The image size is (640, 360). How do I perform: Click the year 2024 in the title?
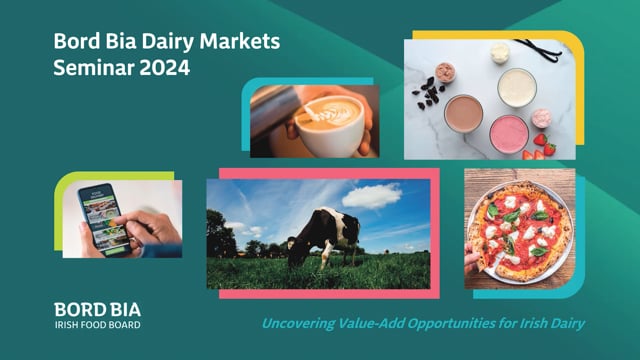click(164, 67)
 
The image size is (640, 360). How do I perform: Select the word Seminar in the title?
click(94, 67)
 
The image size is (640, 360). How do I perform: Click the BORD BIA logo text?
click(98, 310)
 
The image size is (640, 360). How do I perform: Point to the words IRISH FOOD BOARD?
click(98, 325)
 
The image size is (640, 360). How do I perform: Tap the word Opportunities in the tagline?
click(451, 324)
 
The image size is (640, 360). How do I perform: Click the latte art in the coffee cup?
click(332, 113)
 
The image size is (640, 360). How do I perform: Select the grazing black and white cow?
click(324, 236)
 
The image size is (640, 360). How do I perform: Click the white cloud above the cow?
click(372, 196)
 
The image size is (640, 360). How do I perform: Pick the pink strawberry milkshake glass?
click(509, 135)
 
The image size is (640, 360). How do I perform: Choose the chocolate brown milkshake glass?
click(464, 113)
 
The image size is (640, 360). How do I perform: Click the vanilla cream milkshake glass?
click(517, 88)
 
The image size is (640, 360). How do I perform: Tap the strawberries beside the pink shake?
click(541, 147)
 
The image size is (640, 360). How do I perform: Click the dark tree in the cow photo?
click(220, 234)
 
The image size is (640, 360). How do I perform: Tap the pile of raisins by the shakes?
click(428, 93)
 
